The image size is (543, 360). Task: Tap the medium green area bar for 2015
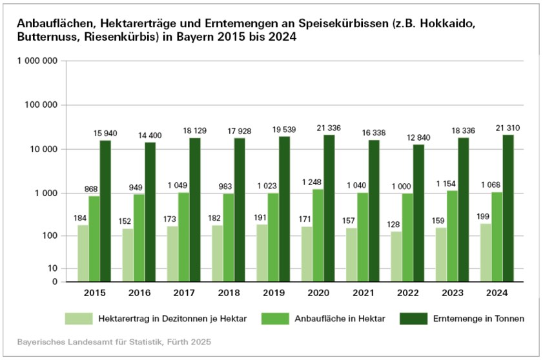[x=94, y=239]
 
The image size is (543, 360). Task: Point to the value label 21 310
[x=508, y=128]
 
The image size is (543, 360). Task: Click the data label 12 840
[x=419, y=138]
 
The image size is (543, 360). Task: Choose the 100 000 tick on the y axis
[x=39, y=105]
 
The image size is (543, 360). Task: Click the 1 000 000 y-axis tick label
[x=37, y=61]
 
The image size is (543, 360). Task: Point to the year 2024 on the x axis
[x=497, y=293]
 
